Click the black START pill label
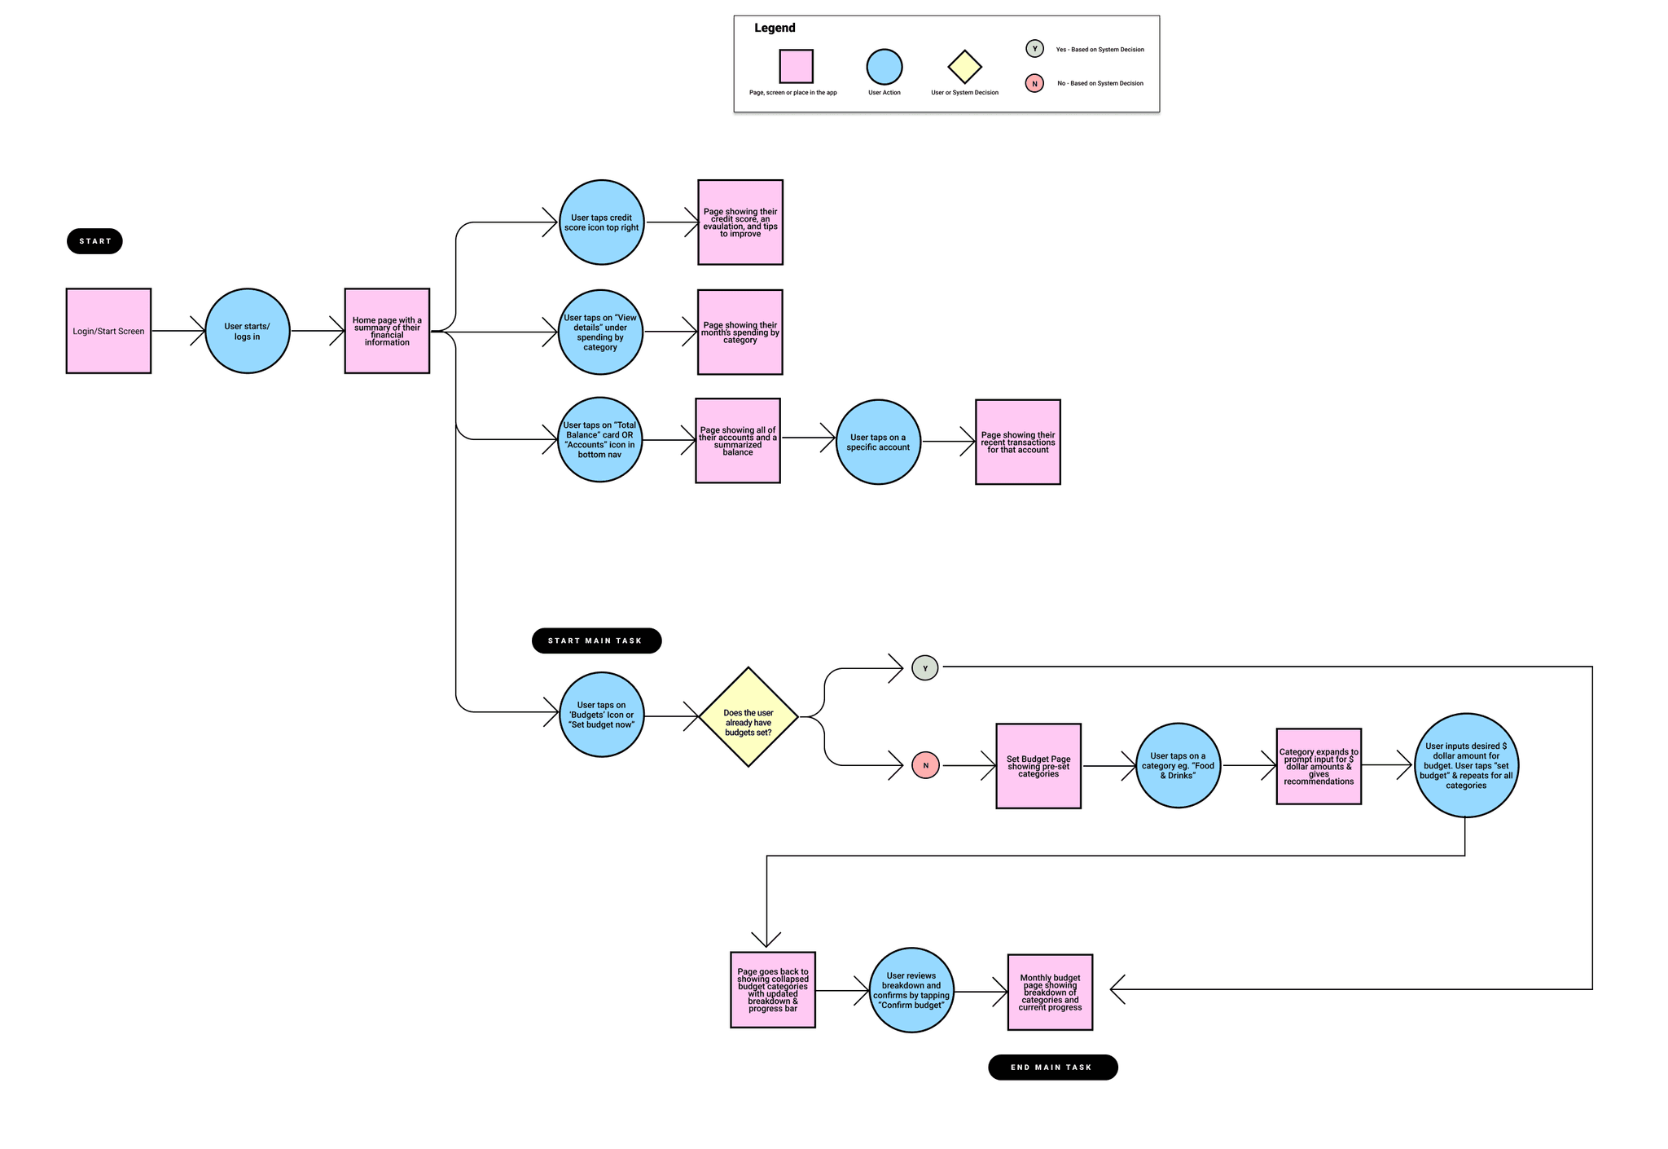point(94,241)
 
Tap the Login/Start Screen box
point(108,331)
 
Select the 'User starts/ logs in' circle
point(248,331)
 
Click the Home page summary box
point(387,331)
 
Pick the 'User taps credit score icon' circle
point(602,222)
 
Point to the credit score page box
point(740,222)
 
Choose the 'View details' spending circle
point(600,332)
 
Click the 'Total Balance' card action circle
point(599,440)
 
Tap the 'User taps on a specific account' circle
point(878,442)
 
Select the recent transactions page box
point(1018,442)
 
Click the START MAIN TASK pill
point(596,641)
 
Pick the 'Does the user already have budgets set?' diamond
point(748,717)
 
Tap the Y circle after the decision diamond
point(925,668)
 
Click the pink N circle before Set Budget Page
point(925,765)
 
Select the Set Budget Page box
point(1038,766)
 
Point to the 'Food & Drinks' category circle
point(1178,765)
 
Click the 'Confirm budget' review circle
point(911,990)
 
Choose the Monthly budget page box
point(1050,993)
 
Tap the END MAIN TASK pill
point(1052,1068)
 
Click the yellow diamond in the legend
point(964,67)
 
